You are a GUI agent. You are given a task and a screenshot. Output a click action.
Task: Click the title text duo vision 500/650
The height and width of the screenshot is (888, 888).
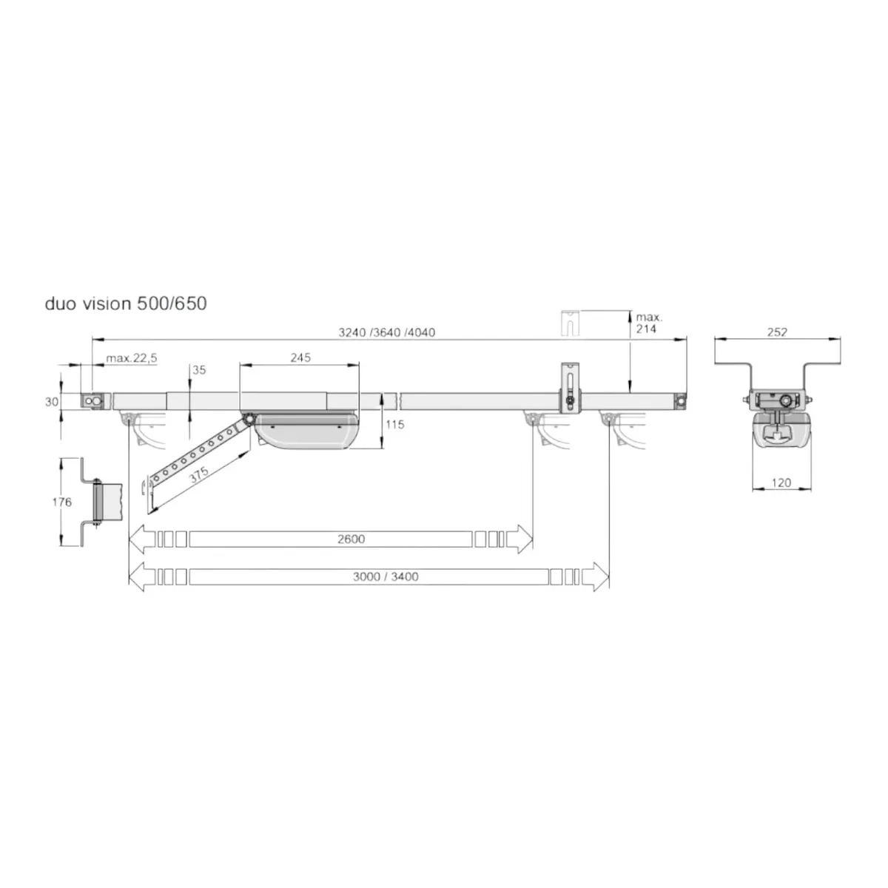click(125, 303)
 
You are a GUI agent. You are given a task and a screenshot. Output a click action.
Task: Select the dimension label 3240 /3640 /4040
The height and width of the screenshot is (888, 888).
click(386, 332)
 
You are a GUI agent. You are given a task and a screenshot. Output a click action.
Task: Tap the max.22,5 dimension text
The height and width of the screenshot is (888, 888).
click(131, 357)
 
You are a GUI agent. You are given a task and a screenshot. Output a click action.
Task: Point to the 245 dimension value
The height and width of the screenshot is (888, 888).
click(300, 357)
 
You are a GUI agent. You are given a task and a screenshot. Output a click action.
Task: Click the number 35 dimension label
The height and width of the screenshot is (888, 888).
click(199, 370)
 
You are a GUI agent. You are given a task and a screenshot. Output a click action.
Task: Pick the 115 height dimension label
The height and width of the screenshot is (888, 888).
click(395, 425)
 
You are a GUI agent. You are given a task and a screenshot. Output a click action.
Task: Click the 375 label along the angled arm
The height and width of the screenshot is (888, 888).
click(198, 474)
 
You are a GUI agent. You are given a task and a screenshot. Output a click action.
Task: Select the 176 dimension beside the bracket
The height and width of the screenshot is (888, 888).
click(62, 502)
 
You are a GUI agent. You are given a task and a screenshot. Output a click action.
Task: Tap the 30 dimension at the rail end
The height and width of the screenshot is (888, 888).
click(52, 402)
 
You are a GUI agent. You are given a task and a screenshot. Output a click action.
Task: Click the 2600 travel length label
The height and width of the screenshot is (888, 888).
click(351, 539)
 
